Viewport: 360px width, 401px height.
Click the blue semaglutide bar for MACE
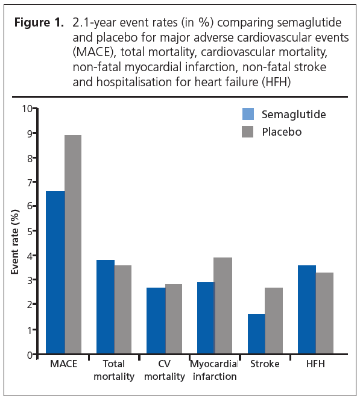click(x=55, y=273)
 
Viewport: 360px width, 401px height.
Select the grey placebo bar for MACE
click(x=73, y=244)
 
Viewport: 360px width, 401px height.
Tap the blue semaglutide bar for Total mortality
click(x=106, y=307)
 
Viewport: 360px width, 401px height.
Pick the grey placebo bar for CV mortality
click(x=174, y=318)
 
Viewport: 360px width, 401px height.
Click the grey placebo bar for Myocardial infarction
click(x=224, y=305)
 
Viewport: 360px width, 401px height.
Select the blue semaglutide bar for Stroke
click(x=256, y=333)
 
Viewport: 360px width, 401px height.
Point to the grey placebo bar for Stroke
click(x=274, y=320)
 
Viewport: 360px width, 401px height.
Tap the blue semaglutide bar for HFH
click(x=307, y=309)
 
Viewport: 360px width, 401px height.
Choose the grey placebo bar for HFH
click(x=324, y=313)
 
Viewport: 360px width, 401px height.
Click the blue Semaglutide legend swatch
click(x=248, y=114)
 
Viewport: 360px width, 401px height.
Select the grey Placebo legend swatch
click(x=247, y=131)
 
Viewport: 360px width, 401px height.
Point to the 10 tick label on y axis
click(x=27, y=109)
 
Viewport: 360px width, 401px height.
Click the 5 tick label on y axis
click(x=30, y=231)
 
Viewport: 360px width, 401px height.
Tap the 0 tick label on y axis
click(x=30, y=355)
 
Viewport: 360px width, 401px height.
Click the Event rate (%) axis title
click(x=15, y=242)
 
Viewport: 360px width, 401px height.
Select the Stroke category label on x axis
click(x=265, y=364)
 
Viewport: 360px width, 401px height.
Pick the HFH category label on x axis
click(x=315, y=364)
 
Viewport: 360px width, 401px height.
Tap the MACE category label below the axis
click(x=64, y=364)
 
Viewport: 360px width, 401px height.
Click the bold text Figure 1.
click(x=39, y=22)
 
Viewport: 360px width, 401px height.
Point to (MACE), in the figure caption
click(x=95, y=52)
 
